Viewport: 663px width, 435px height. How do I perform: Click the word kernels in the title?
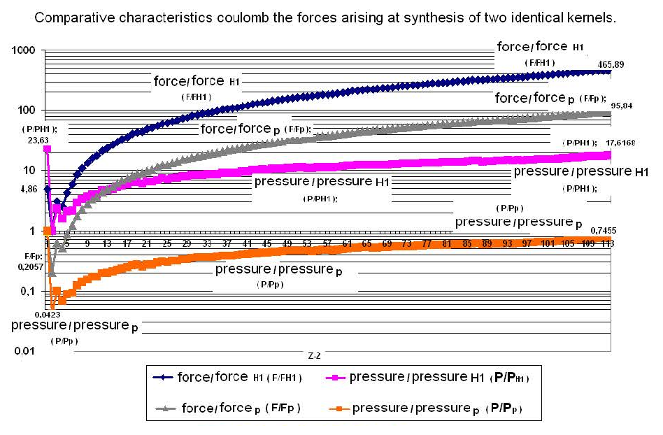(592, 17)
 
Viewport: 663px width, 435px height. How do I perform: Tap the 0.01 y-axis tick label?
(24, 350)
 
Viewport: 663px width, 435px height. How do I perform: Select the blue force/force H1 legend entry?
(230, 378)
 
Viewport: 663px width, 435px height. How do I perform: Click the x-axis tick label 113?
(606, 244)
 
